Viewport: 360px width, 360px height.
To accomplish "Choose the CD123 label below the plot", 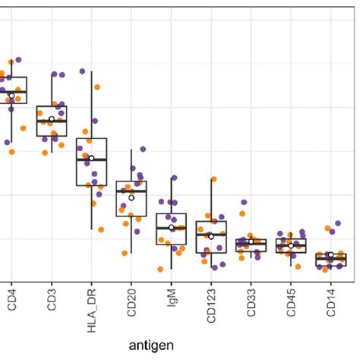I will pos(211,311).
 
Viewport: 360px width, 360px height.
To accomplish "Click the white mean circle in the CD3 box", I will pos(52,118).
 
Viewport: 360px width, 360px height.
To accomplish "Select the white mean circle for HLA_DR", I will pos(91,158).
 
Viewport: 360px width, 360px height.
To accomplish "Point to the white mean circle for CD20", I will pos(131,197).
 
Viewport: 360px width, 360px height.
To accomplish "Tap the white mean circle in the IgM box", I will pos(172,227).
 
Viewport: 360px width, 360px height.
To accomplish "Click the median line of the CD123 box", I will pos(211,234).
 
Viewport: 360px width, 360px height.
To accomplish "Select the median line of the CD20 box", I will pos(131,191).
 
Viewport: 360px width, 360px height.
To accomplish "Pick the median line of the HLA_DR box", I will pos(91,160).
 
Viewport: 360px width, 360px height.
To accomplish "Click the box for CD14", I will pos(330,260).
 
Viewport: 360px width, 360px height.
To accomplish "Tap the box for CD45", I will pos(291,245).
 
